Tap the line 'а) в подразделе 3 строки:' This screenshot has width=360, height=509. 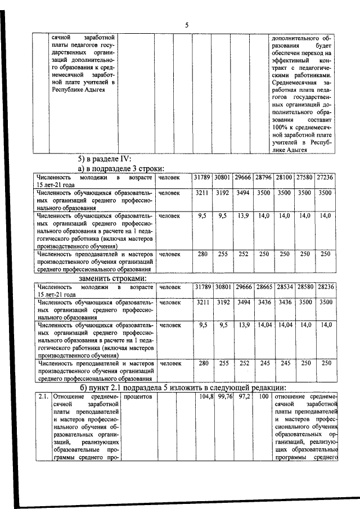click(x=121, y=168)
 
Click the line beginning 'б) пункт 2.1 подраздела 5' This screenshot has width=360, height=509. click(x=183, y=388)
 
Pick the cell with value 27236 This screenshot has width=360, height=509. click(x=325, y=177)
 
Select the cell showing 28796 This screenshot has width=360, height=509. click(x=263, y=177)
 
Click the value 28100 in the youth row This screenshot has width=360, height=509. click(x=283, y=177)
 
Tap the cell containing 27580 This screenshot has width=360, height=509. click(x=304, y=177)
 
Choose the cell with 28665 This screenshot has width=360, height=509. click(x=263, y=287)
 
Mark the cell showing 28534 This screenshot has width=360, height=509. click(x=284, y=287)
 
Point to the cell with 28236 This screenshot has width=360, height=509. click(x=325, y=287)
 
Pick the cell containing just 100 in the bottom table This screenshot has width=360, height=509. click(x=263, y=397)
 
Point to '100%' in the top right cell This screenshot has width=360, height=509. click(x=282, y=128)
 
